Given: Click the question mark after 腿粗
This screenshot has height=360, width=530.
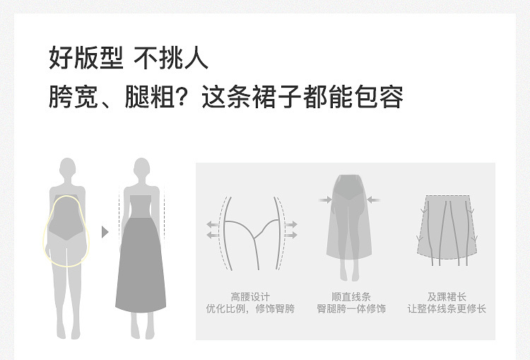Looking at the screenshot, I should (x=185, y=97).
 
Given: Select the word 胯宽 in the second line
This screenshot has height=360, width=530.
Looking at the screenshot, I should (x=68, y=97).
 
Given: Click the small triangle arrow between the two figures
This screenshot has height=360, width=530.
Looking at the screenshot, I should (x=105, y=231).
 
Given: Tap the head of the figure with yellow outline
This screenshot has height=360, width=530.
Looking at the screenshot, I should (x=68, y=170).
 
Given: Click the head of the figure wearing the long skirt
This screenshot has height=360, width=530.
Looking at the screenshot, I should (x=141, y=170).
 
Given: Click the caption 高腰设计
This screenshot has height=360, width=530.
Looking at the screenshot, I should (x=250, y=296).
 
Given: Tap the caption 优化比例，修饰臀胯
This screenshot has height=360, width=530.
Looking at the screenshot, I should (x=250, y=309).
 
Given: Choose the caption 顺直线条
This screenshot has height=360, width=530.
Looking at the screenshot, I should (x=351, y=296).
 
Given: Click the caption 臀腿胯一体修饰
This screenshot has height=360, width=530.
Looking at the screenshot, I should (x=351, y=309).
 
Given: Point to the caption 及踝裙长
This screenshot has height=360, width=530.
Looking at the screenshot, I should (x=447, y=296).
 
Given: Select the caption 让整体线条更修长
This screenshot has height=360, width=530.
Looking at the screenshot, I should (x=447, y=309).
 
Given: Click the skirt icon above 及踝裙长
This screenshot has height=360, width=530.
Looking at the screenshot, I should (x=447, y=230).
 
